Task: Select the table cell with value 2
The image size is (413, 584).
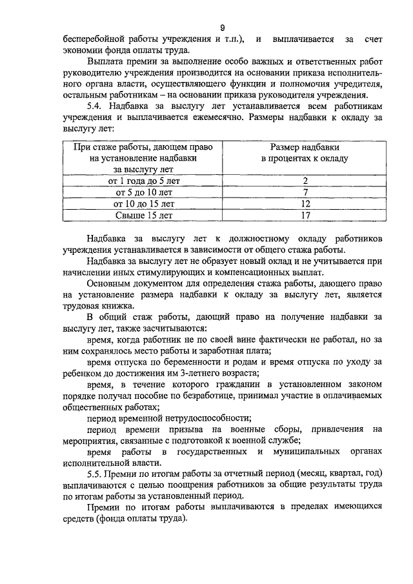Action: coord(305,181)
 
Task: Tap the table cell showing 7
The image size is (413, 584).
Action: coord(305,192)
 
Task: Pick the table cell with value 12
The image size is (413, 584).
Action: coord(305,204)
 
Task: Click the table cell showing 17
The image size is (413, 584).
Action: coord(305,216)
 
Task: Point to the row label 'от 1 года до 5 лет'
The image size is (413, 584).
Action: coord(143,181)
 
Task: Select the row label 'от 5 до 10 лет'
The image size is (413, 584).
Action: coord(143,192)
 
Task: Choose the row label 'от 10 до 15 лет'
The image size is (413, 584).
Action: coord(143,204)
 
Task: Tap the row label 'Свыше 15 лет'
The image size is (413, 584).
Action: coord(143,216)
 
